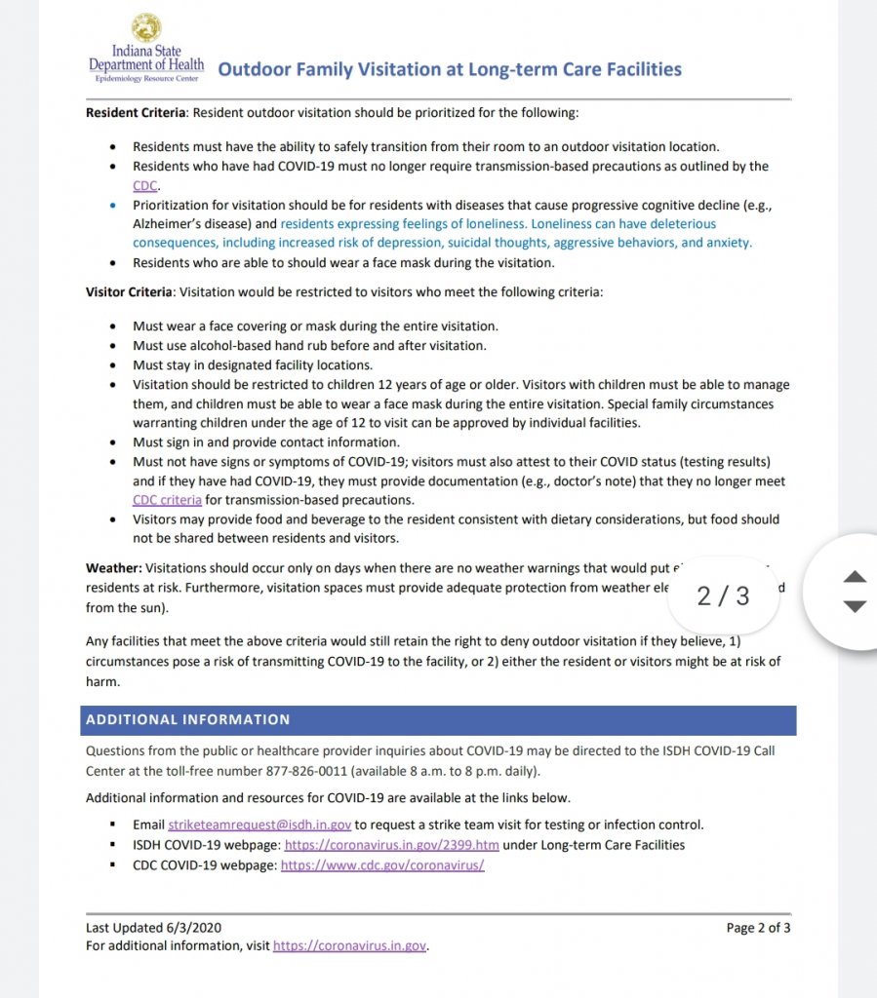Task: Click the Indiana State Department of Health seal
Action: (x=146, y=26)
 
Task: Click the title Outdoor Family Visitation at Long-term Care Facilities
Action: (x=449, y=69)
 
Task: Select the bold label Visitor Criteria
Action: (x=129, y=290)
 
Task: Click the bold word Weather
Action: (x=113, y=567)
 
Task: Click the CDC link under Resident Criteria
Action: (x=145, y=185)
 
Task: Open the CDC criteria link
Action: (x=168, y=500)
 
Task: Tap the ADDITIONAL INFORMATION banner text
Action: (x=188, y=719)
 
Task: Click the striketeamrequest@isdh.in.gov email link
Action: (x=259, y=825)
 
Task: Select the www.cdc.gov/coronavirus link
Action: (x=382, y=865)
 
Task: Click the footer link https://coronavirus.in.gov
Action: (x=349, y=945)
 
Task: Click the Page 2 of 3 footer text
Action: (x=758, y=928)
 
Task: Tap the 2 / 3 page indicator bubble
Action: (x=723, y=595)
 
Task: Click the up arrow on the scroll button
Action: (x=855, y=576)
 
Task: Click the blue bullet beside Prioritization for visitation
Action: (x=113, y=205)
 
